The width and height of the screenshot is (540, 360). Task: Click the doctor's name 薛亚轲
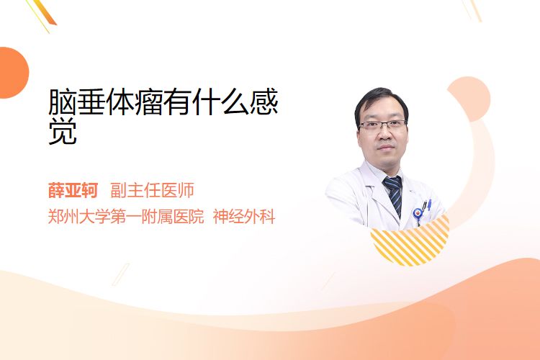click(x=73, y=190)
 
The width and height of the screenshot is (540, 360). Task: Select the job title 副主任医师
click(x=152, y=190)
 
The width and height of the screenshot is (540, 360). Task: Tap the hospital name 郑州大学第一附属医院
click(x=126, y=217)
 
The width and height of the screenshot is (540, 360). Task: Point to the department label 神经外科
click(x=244, y=217)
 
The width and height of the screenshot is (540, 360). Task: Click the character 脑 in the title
click(x=63, y=102)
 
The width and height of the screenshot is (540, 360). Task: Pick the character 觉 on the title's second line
click(x=63, y=131)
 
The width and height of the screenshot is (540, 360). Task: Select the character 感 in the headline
click(x=264, y=102)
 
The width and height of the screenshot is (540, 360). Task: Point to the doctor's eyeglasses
click(x=382, y=125)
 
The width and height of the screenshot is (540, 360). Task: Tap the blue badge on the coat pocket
click(x=418, y=214)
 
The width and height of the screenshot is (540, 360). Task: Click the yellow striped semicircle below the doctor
click(x=410, y=240)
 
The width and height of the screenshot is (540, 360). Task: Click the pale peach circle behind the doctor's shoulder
click(x=469, y=99)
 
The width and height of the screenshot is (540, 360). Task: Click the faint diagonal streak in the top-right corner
click(x=473, y=10)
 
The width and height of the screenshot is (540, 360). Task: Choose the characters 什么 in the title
click(x=220, y=102)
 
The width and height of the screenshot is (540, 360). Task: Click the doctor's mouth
click(x=385, y=148)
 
